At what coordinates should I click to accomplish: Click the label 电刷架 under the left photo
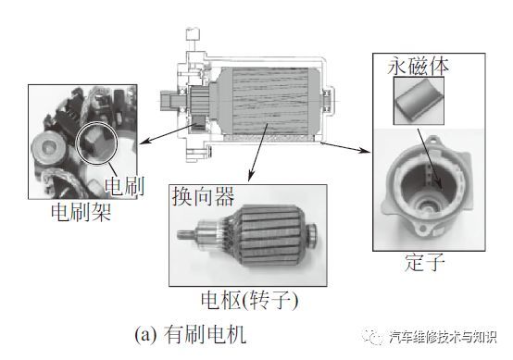click(81, 212)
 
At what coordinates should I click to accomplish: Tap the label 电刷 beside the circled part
click(125, 186)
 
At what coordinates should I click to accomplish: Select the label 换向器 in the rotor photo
click(204, 196)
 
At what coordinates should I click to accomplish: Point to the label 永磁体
click(418, 67)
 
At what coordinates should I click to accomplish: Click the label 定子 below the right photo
click(425, 262)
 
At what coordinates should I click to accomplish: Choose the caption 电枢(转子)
click(250, 301)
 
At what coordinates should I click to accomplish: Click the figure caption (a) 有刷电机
click(190, 334)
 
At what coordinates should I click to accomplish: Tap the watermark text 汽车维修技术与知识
click(444, 337)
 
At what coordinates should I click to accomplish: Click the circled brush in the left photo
click(96, 143)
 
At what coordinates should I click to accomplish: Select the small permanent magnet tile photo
click(419, 101)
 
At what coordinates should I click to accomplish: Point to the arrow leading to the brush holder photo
click(167, 133)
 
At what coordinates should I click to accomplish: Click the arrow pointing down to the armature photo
click(258, 153)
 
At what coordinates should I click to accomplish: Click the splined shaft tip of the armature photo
click(184, 234)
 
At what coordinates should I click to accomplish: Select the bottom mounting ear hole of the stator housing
click(424, 229)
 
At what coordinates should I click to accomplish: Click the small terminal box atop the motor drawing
click(193, 34)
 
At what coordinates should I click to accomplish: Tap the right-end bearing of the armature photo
click(311, 233)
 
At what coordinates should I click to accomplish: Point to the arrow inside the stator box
click(430, 159)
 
